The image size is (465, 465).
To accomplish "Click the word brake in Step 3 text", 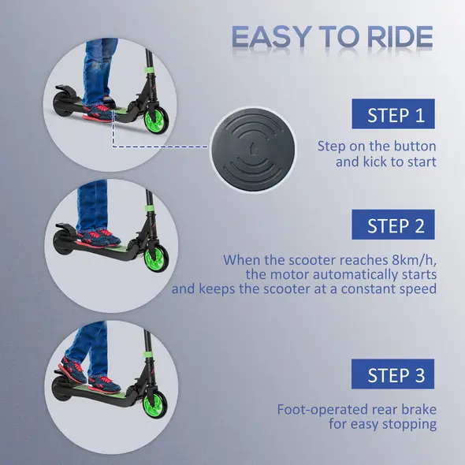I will tap(418, 410).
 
